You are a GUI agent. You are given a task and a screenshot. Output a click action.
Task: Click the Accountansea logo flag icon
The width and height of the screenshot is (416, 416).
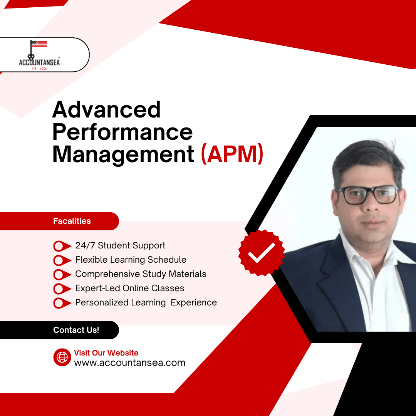coord(39,44)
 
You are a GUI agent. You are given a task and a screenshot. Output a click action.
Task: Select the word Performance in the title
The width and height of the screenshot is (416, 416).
coord(122,132)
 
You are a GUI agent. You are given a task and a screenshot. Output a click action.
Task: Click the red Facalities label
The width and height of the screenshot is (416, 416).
coord(72,221)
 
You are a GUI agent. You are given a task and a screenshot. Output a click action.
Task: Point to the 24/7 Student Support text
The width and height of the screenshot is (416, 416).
coord(120,246)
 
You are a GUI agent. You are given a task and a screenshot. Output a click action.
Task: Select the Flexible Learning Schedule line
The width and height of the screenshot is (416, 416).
coord(131,260)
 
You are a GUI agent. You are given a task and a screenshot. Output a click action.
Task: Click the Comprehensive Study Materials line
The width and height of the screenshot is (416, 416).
coord(141,274)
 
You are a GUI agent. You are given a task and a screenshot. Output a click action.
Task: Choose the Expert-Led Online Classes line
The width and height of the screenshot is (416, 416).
coord(129,289)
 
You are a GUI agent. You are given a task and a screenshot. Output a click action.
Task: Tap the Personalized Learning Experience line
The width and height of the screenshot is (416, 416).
coord(146,303)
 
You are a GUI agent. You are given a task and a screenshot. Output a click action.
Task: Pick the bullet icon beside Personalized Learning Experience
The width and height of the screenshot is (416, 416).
coord(62,303)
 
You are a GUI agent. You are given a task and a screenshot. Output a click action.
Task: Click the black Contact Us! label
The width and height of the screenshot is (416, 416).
coord(76,330)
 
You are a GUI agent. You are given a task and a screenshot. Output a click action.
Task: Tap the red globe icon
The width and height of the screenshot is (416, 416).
coord(62,357)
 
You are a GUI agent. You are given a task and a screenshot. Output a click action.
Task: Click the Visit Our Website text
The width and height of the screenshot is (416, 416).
coord(106,353)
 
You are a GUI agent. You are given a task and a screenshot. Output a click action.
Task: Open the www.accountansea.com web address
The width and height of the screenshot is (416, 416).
coord(129,363)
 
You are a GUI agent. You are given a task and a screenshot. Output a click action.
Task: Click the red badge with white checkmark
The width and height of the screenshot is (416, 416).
coord(262,252)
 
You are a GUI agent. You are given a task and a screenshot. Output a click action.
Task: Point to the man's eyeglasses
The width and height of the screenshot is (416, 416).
coord(368,195)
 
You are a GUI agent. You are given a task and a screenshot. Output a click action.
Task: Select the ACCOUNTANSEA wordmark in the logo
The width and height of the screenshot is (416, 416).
coord(39,62)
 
